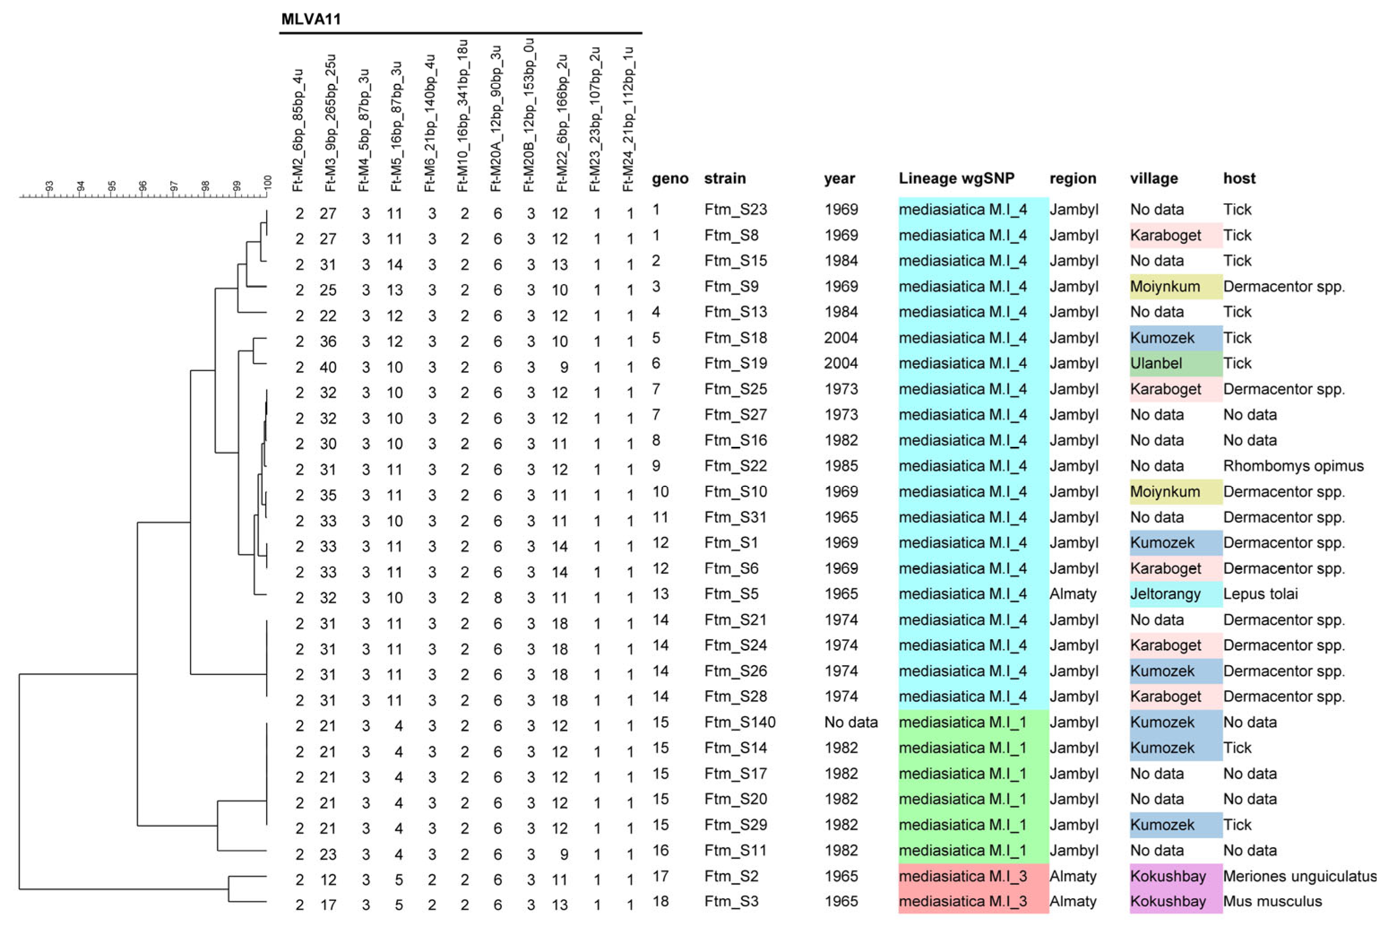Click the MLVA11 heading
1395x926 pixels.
click(x=311, y=19)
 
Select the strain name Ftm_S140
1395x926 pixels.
click(x=739, y=722)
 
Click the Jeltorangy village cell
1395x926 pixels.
click(x=1165, y=594)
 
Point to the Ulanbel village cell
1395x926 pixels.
click(x=1155, y=363)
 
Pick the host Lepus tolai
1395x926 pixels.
click(x=1260, y=594)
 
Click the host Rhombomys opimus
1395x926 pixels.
click(x=1293, y=466)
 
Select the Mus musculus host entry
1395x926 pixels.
click(x=1272, y=902)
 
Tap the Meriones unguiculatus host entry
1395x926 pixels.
click(x=1299, y=876)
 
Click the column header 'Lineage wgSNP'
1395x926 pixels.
click(x=956, y=178)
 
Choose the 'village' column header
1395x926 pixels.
click(x=1153, y=178)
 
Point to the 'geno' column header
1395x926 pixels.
click(x=669, y=179)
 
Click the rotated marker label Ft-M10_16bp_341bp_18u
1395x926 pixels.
click(x=463, y=116)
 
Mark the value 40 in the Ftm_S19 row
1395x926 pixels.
click(x=328, y=368)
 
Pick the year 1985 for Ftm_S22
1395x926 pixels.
click(x=841, y=466)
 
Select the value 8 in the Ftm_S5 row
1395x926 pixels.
click(x=498, y=597)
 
